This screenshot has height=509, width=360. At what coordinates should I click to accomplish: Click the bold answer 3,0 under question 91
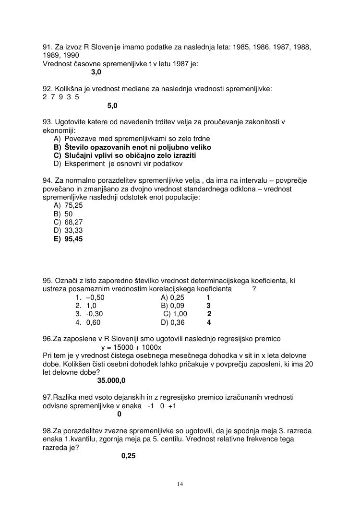click(x=96, y=72)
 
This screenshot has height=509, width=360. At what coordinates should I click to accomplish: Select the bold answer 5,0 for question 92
click(x=112, y=105)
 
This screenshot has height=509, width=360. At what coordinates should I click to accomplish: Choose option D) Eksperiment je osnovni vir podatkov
click(x=118, y=164)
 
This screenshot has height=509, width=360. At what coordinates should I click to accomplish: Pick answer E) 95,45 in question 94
click(x=68, y=238)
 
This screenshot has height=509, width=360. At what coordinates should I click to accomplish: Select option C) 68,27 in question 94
click(x=68, y=222)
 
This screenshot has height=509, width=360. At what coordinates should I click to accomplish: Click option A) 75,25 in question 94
click(x=68, y=205)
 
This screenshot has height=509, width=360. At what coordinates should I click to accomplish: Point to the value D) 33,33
click(x=68, y=230)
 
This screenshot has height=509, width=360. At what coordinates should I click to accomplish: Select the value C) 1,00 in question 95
click(x=175, y=314)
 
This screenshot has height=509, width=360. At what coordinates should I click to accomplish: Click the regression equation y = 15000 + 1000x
click(x=132, y=347)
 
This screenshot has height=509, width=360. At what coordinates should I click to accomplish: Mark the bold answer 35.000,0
click(x=111, y=380)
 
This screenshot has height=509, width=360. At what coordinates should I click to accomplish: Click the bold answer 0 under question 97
click(x=120, y=414)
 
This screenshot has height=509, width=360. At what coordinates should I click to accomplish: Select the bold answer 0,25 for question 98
click(x=129, y=456)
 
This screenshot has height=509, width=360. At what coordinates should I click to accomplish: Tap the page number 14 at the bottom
click(x=180, y=484)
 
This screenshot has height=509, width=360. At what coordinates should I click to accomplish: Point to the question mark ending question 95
click(x=254, y=288)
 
